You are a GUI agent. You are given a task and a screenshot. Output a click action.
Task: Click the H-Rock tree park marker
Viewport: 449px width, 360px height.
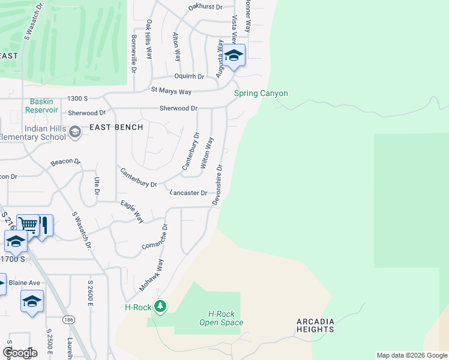tap(160, 307)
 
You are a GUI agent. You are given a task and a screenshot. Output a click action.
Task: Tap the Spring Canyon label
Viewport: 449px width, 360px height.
tap(261, 93)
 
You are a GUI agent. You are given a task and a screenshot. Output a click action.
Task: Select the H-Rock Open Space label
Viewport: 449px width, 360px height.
tap(221, 318)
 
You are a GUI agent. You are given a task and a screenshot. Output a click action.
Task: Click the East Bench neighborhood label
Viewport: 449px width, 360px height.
tap(116, 127)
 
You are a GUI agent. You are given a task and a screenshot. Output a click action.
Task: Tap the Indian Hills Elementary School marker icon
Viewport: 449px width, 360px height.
tap(75, 131)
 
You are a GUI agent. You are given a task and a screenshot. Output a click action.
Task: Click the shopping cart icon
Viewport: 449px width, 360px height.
tap(28, 224)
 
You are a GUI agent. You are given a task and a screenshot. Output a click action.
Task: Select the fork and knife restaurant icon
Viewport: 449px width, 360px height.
tap(44, 225)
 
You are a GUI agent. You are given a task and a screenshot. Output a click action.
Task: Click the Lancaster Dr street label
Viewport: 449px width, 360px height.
tap(188, 193)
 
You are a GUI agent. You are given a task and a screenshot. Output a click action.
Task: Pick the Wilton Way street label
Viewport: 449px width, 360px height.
tap(207, 152)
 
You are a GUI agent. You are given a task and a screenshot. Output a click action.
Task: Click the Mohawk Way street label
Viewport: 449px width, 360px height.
tap(151, 275)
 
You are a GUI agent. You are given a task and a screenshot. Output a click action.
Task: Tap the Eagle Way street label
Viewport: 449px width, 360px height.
tap(131, 212)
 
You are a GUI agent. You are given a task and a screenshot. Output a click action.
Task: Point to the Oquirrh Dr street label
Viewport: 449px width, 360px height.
tap(189, 76)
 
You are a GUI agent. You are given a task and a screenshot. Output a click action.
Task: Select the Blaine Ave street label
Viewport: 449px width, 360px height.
tap(24, 283)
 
